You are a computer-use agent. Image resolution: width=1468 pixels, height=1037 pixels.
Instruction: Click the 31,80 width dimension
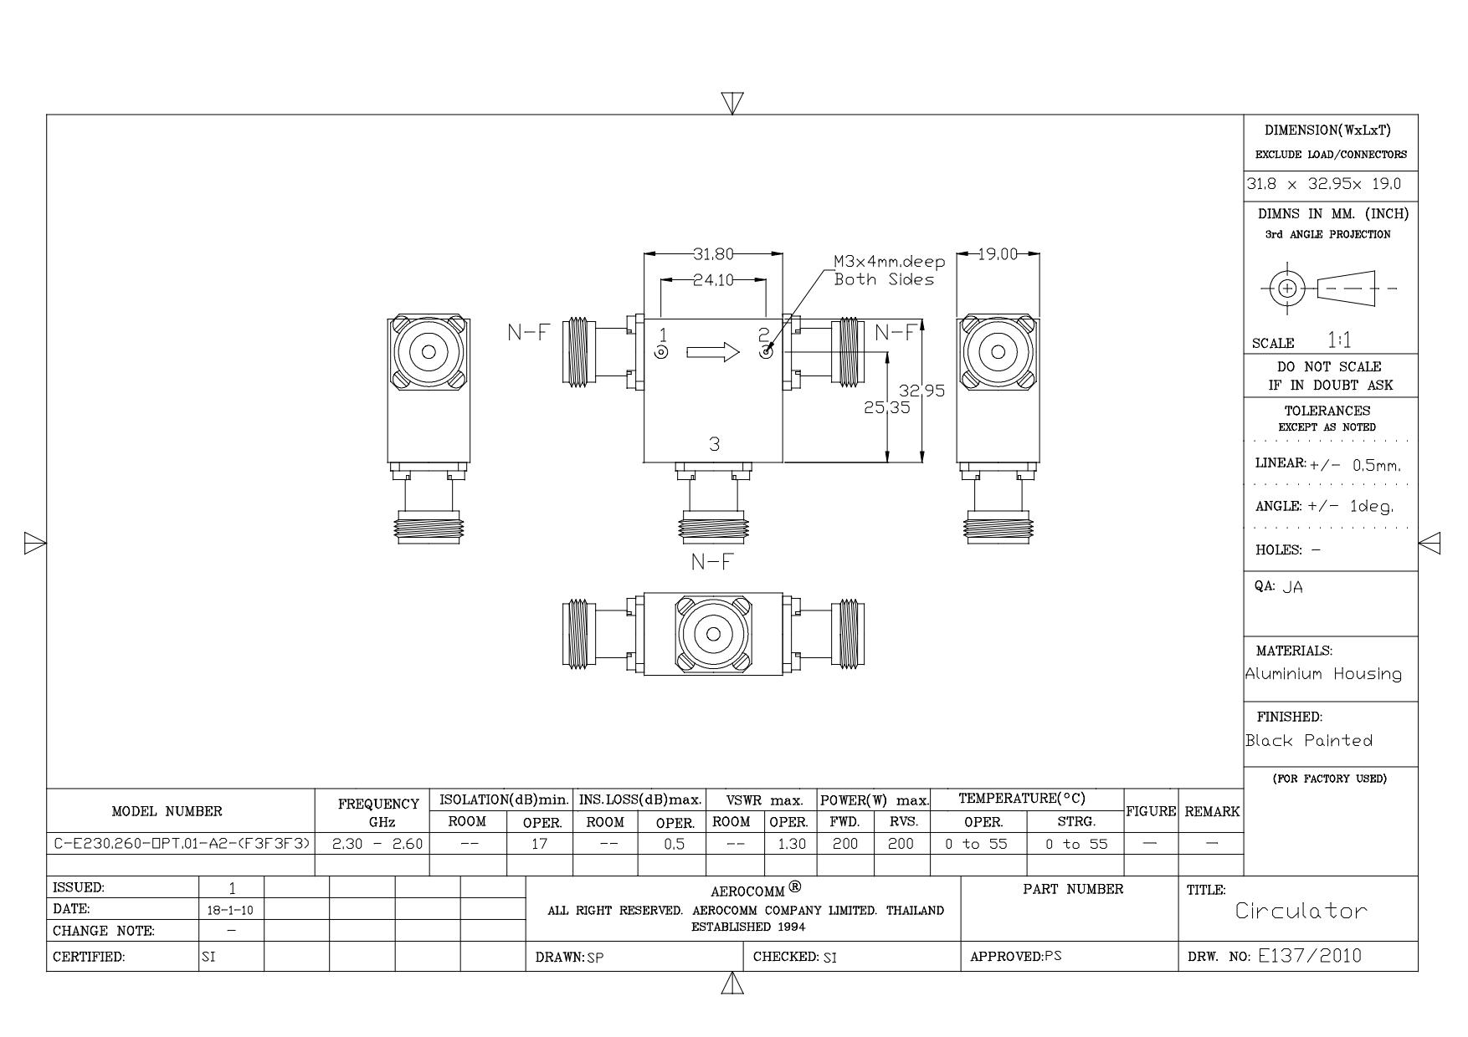tap(713, 254)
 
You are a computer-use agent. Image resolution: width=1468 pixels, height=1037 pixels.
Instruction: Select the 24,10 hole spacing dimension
tap(713, 280)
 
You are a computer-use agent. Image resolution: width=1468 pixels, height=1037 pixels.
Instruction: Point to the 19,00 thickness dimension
tap(998, 254)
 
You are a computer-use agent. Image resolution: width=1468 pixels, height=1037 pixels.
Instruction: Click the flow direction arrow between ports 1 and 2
tap(713, 352)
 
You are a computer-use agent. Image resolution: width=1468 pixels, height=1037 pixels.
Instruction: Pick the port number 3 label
tap(714, 444)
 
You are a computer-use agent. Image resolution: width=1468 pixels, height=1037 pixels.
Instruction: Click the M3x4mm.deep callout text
tap(889, 262)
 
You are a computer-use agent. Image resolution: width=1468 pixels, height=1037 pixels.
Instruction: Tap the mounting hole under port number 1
tap(661, 353)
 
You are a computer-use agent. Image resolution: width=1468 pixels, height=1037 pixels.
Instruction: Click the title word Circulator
tap(1301, 911)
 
